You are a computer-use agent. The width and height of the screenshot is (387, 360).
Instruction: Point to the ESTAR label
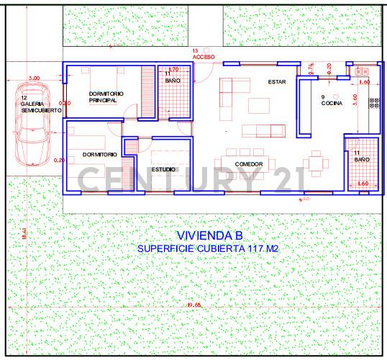277,82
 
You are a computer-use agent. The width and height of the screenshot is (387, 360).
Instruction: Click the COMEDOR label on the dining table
248,164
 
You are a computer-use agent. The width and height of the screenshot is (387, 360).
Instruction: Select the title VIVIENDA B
209,235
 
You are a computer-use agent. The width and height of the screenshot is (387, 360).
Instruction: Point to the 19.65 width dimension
193,305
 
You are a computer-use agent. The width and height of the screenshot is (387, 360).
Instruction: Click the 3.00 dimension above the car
34,78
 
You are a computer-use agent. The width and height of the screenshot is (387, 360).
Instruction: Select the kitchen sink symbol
362,71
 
